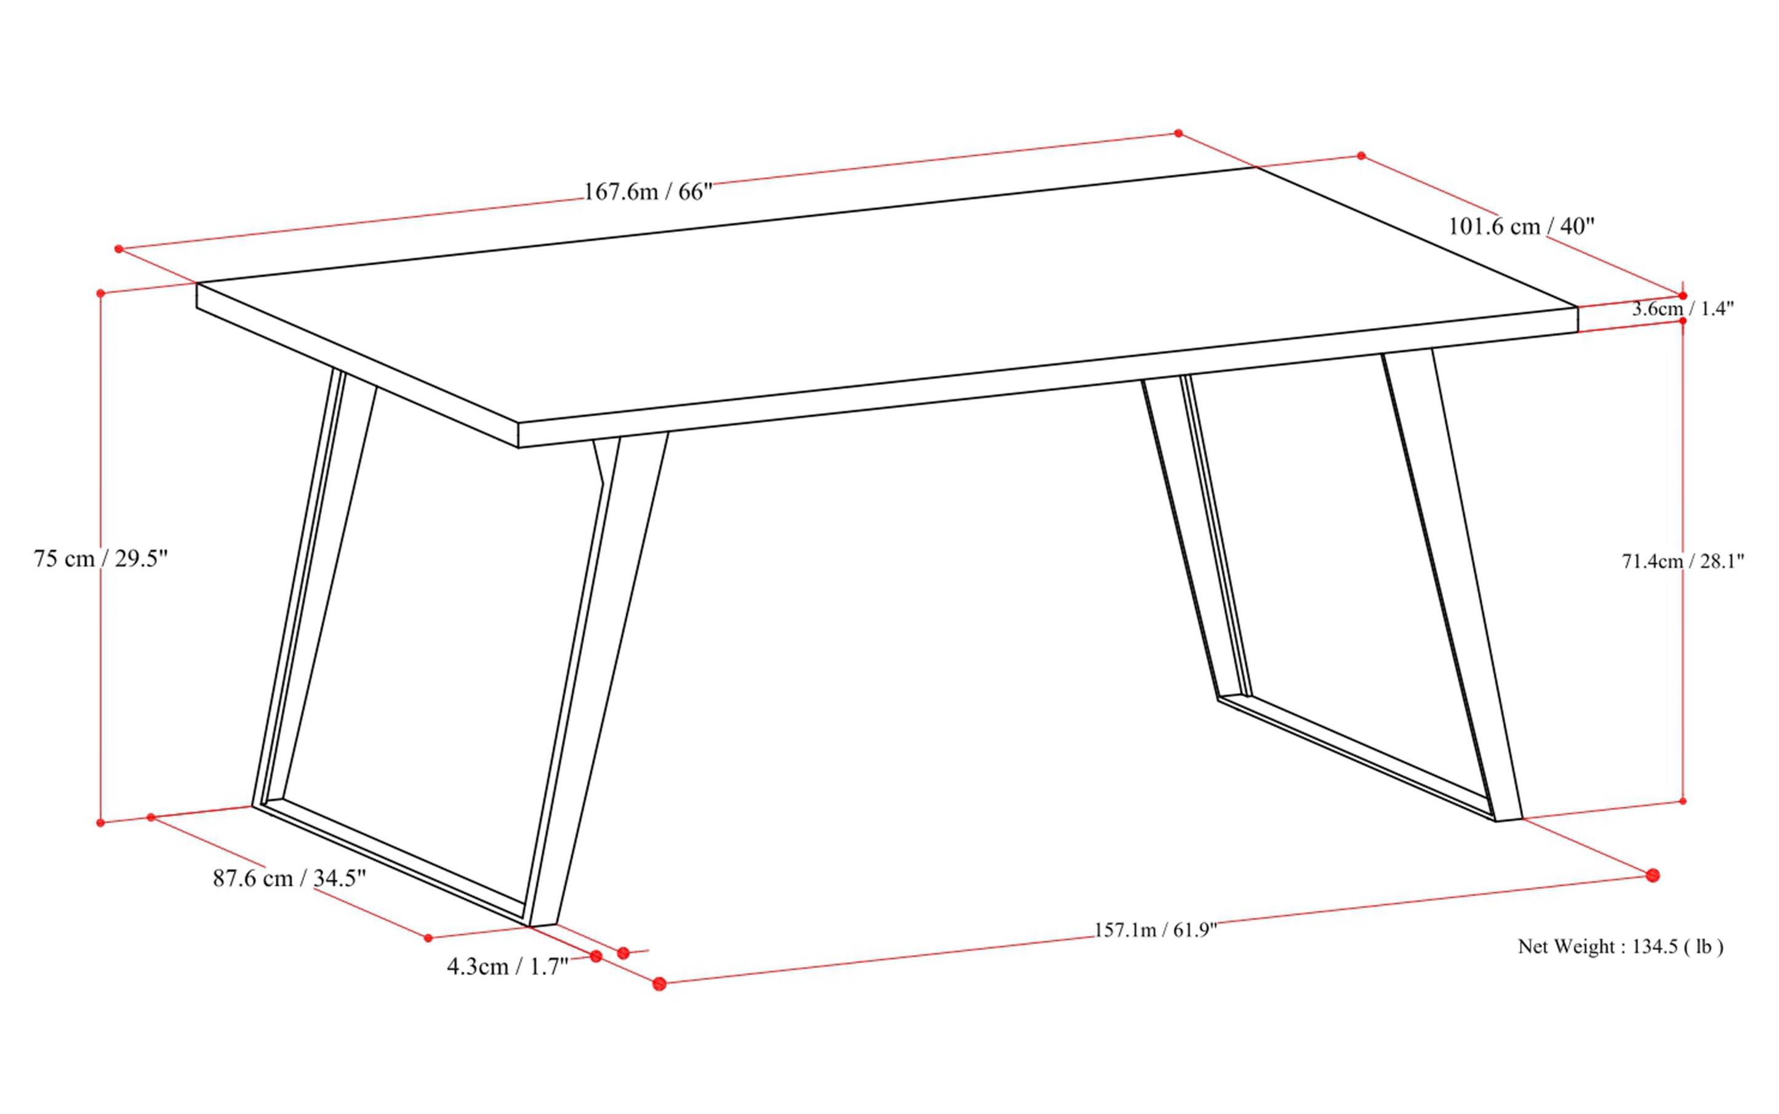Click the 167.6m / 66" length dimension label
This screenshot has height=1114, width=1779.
point(649,192)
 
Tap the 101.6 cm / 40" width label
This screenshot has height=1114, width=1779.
point(1521,226)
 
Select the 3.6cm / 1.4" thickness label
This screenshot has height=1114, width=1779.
point(1682,309)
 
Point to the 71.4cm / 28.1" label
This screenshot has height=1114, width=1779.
point(1682,561)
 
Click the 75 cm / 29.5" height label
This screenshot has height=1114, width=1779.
point(101,558)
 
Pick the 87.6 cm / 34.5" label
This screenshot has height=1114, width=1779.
point(289,878)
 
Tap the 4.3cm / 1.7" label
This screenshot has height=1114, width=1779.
point(508,966)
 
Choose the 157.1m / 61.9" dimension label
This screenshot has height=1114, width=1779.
point(1155,930)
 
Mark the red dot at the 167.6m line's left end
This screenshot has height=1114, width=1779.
point(119,249)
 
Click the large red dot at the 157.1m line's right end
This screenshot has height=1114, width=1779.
point(1653,875)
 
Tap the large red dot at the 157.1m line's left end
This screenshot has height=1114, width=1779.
point(659,984)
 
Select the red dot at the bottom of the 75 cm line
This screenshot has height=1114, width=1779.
point(101,822)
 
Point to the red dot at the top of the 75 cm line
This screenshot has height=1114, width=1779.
point(101,293)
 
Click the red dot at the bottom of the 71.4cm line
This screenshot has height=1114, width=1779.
point(1682,801)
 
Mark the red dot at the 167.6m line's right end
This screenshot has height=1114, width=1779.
point(1178,134)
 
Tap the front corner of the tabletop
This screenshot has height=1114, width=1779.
point(519,435)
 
